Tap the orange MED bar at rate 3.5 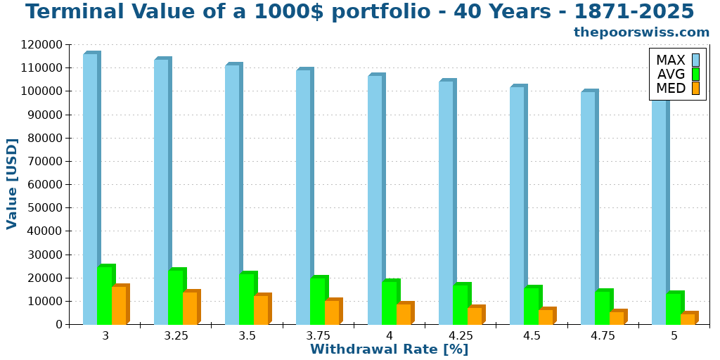261,309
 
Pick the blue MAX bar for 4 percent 375,200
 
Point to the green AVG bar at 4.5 531,306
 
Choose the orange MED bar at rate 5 687,319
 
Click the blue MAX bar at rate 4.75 588,208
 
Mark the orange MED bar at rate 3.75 332,312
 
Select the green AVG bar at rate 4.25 460,304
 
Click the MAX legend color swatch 695,60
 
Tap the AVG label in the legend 670,75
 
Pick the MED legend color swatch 695,89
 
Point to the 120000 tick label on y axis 42,44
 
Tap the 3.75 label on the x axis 319,336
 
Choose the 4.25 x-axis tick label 461,336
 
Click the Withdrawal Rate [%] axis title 389,349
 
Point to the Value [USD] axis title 12,184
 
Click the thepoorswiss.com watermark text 641,32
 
